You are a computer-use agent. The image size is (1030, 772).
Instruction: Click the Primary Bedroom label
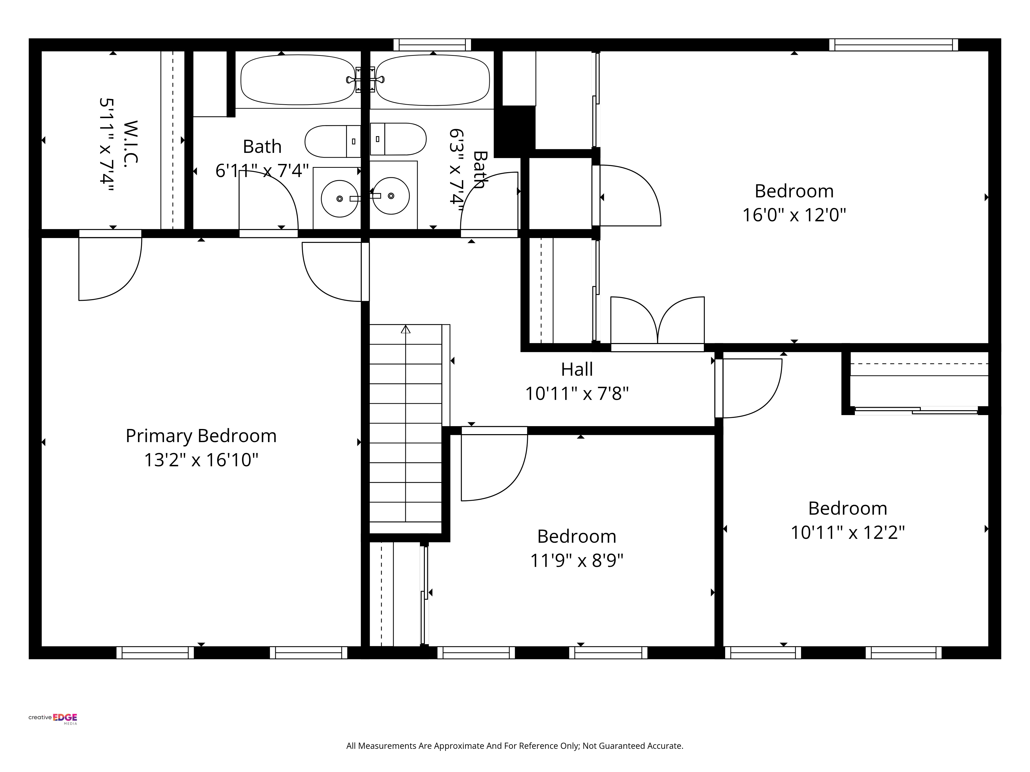pos(201,436)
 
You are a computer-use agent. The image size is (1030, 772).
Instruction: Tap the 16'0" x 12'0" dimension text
pos(794,215)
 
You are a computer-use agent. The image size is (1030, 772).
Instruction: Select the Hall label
pos(577,370)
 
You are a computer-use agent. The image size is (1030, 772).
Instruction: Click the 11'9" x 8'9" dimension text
pos(577,560)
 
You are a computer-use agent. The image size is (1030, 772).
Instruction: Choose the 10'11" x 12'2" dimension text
pos(847,532)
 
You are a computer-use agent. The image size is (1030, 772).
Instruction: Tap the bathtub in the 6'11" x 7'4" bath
pos(298,80)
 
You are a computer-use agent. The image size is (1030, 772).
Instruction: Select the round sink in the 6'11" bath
pos(339,199)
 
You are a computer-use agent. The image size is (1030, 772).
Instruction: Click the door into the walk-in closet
pos(110,265)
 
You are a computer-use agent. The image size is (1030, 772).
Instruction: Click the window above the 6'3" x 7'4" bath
pos(432,45)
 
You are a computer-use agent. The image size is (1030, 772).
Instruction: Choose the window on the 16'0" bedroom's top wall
pos(893,45)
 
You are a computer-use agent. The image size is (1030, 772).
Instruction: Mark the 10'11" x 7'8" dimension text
pos(577,394)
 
